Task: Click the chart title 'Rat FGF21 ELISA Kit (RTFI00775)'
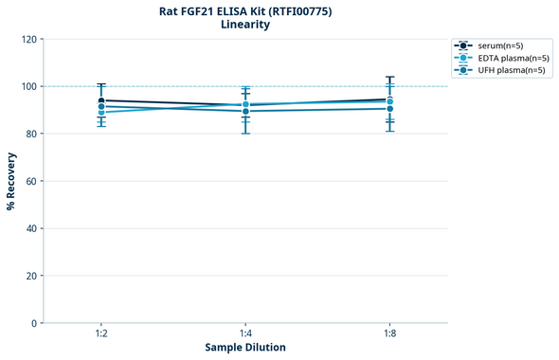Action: pyautogui.click(x=245, y=10)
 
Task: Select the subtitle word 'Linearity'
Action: pyautogui.click(x=245, y=25)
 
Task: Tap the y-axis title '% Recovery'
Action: pyautogui.click(x=11, y=180)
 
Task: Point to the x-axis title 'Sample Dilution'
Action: pyautogui.click(x=245, y=347)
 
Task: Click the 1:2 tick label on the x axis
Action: pyautogui.click(x=101, y=334)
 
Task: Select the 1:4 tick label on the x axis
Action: pyautogui.click(x=245, y=334)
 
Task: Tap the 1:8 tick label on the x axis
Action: pyautogui.click(x=389, y=334)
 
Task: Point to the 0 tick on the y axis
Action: pyautogui.click(x=33, y=323)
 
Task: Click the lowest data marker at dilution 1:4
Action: pyautogui.click(x=245, y=111)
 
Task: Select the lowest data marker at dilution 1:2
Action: pyautogui.click(x=101, y=113)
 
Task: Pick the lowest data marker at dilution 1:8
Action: pyautogui.click(x=389, y=108)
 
